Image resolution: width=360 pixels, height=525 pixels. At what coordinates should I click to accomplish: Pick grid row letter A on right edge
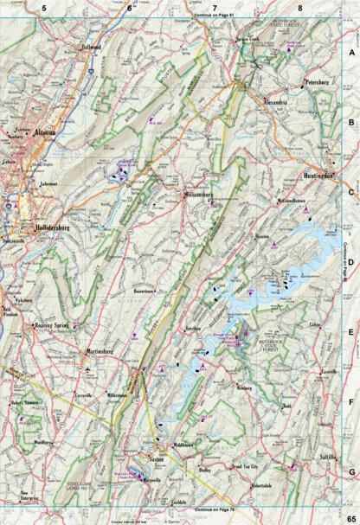tap(351, 51)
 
